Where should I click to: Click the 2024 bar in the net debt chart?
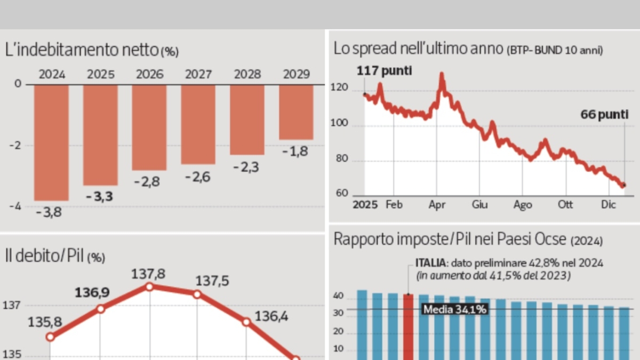(x=51, y=142)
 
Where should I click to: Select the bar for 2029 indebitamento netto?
(x=296, y=112)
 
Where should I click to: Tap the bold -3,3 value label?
(x=100, y=196)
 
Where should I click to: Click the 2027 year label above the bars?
(x=198, y=74)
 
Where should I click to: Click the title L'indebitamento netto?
(x=82, y=51)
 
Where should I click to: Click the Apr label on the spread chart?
(x=437, y=205)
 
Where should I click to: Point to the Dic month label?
(x=609, y=205)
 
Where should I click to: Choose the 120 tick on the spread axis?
(x=342, y=90)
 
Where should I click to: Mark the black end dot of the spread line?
(x=624, y=185)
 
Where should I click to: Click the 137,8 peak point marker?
(x=149, y=286)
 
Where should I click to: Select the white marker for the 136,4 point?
(x=246, y=322)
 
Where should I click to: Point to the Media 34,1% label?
(x=454, y=309)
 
